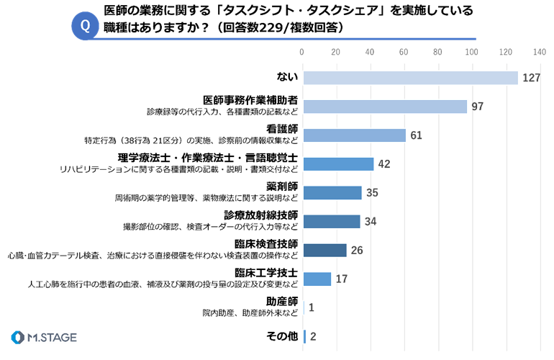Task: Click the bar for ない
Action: pyautogui.click(x=411, y=78)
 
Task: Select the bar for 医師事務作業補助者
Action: pyautogui.click(x=385, y=107)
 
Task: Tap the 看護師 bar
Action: pyautogui.click(x=355, y=135)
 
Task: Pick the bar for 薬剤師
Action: pyautogui.click(x=332, y=193)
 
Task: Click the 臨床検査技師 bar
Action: pyautogui.click(x=325, y=250)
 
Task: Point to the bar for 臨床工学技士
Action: pyautogui.click(x=317, y=279)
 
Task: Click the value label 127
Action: pyautogui.click(x=532, y=78)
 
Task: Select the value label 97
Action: pyautogui.click(x=477, y=107)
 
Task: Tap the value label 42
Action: pyautogui.click(x=384, y=164)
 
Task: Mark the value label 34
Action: pyautogui.click(x=371, y=221)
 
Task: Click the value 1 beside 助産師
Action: pyautogui.click(x=312, y=307)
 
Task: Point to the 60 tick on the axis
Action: pyautogui.click(x=404, y=52)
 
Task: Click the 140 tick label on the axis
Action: pyautogui.click(x=540, y=52)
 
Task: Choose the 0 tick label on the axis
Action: pyautogui.click(x=301, y=52)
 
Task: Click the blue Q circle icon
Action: pyautogui.click(x=85, y=26)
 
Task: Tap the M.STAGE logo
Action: pyautogui.click(x=44, y=338)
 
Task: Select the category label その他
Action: pyautogui.click(x=282, y=336)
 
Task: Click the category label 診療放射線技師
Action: pyautogui.click(x=260, y=215)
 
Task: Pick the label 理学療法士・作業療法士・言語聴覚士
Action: pyautogui.click(x=208, y=158)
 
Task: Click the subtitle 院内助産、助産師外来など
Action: pyautogui.click(x=250, y=313)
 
